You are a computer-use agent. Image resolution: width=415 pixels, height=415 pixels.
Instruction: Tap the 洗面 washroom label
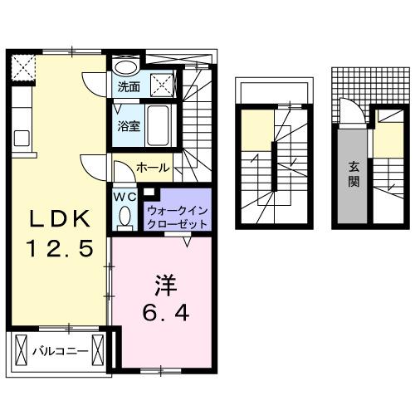click(x=127, y=85)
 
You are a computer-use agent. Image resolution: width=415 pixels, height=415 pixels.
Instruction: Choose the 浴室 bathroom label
click(x=127, y=127)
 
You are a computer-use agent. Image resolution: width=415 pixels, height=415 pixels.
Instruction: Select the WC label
click(x=124, y=197)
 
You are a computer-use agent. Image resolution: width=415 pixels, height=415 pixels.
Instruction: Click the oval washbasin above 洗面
click(x=126, y=66)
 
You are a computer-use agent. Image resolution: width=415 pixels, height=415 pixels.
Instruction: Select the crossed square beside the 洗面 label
click(x=164, y=84)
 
